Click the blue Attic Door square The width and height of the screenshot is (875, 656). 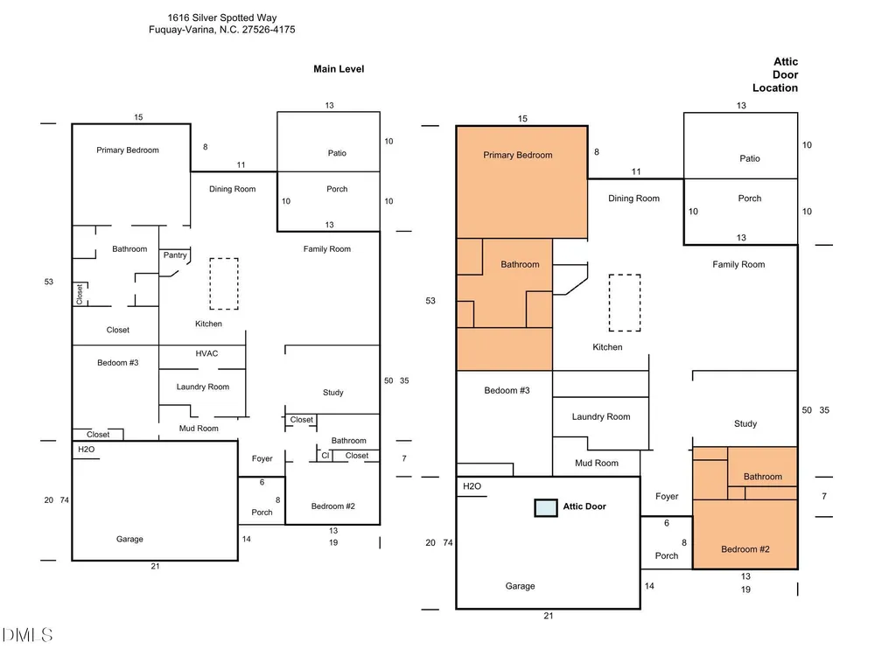546,507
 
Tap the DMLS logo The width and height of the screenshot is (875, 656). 27,635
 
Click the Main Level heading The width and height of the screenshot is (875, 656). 339,69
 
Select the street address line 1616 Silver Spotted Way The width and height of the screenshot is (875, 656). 222,17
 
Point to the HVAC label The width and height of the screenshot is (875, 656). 206,353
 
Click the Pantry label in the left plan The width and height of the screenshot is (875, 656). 175,255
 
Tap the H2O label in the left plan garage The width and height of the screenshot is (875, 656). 87,449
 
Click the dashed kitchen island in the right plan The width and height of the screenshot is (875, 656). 625,303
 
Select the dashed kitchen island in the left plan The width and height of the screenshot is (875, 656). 224,283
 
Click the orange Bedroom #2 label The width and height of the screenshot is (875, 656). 745,549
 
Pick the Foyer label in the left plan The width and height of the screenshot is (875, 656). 262,458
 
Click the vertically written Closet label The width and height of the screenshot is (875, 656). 80,294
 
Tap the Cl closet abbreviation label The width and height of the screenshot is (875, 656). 325,455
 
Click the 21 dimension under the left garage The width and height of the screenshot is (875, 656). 155,566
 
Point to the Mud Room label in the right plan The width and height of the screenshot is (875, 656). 597,463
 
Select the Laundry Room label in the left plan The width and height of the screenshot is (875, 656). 203,387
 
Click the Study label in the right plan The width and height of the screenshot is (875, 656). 745,424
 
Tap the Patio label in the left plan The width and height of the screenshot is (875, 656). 337,153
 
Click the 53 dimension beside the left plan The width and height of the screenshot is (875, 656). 48,282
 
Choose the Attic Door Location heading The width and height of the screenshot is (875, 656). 775,74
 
